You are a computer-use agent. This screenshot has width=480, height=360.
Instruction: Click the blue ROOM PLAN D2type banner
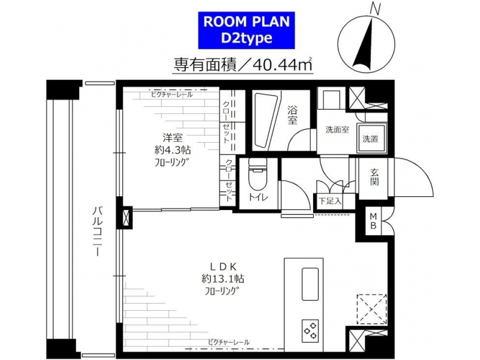coord(247,30)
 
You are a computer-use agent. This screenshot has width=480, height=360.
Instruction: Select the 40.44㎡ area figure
coord(281,64)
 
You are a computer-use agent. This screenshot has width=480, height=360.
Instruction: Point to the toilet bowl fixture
coord(258,175)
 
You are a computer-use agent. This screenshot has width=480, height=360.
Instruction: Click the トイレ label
coord(258,197)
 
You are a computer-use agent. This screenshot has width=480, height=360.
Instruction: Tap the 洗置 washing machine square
coord(371,139)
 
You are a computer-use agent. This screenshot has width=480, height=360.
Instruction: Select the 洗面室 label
coord(337,130)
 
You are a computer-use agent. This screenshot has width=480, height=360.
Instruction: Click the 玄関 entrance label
coord(374,177)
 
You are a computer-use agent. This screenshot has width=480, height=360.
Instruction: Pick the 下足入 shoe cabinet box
coord(329,201)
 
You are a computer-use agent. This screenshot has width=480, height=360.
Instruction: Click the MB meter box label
coord(373,221)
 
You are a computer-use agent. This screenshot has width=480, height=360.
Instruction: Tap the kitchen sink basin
coord(310,284)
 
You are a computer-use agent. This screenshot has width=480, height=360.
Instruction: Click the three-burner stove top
coord(310,331)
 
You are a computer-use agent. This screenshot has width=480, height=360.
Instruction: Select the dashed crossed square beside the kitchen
coord(371,309)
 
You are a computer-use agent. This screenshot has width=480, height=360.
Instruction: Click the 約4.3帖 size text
coord(173,150)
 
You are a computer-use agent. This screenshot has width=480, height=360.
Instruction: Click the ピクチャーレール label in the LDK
coord(229,342)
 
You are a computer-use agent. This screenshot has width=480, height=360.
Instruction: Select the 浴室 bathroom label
coord(292,115)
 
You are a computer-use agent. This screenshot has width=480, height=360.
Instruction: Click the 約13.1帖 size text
coord(223,279)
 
